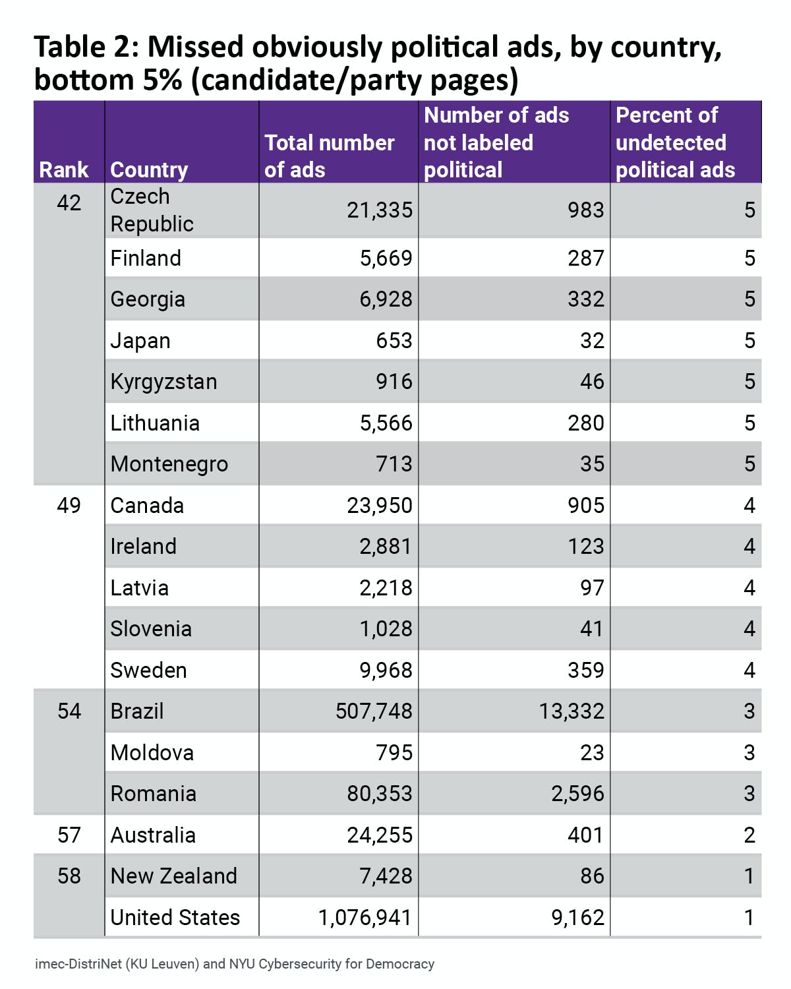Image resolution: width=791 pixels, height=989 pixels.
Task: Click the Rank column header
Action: coord(63,169)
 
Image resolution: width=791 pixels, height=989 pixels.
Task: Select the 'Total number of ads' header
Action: coord(329,156)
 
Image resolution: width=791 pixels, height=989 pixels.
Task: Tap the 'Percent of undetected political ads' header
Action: coord(675,142)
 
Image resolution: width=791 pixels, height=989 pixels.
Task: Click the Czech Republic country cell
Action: coord(152,210)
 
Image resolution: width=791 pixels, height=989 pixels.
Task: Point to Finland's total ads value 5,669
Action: coord(386,258)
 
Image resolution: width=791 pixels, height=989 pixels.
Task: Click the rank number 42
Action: coord(69,202)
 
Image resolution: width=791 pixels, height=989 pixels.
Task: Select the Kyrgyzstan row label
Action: coord(163,382)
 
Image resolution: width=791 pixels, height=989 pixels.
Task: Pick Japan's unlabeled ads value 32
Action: coord(592,340)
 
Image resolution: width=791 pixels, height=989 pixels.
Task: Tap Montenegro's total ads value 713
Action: coord(394,464)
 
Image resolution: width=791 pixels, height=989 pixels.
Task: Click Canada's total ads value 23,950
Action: coord(380,505)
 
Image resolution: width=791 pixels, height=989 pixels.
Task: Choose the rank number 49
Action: coord(69,505)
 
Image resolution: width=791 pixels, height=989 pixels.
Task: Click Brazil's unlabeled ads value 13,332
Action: coord(571,711)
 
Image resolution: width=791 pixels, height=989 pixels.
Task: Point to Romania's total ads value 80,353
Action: coord(380,793)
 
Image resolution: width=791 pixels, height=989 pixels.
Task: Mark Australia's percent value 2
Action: coord(749,835)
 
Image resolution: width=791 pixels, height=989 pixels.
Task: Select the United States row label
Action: coord(175,917)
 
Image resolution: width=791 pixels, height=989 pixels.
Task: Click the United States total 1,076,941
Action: coord(365,917)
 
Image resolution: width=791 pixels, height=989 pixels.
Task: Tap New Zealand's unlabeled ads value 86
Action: coord(592,876)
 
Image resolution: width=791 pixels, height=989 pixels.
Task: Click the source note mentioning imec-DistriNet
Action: coord(235,964)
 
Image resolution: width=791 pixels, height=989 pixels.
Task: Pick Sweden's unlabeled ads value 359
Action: coord(585,670)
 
